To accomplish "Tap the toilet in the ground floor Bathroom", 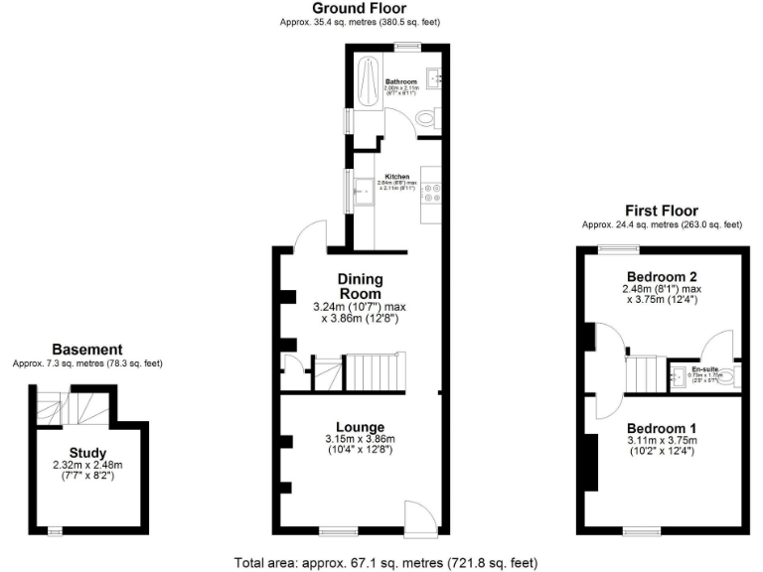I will pos(426,118).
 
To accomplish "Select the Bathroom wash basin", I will pos(433,76).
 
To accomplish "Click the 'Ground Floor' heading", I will pos(361,8).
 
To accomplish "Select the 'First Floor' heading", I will pos(661,211).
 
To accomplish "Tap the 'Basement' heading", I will pos(86,350).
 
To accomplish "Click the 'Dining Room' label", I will pos(361,287).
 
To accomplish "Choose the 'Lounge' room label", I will pos(361,428).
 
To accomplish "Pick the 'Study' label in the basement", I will pos(87,453).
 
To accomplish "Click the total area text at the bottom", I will pos(385,562).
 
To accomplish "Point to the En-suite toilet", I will pos(731,376).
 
